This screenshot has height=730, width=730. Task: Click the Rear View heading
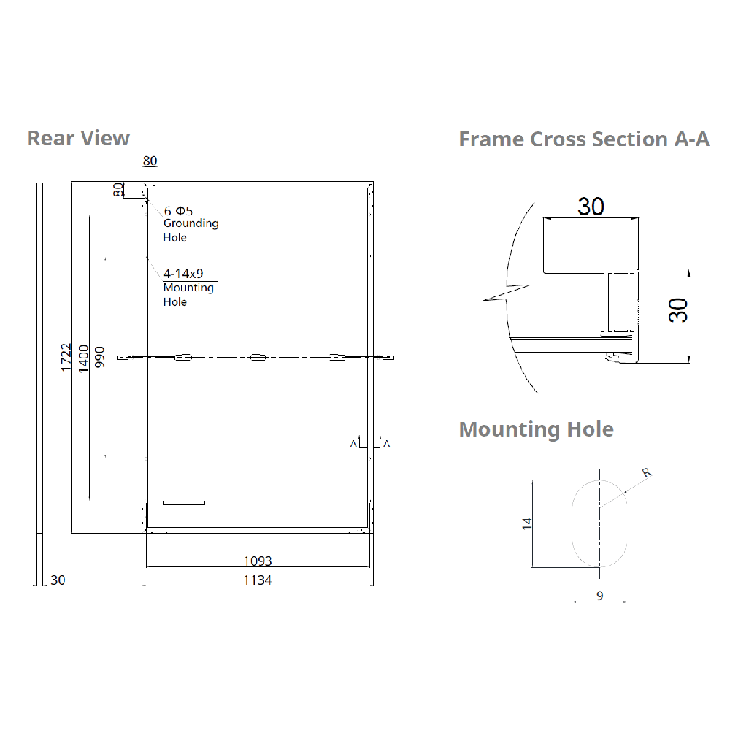coord(79,138)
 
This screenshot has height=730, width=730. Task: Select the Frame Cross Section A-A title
coord(584,139)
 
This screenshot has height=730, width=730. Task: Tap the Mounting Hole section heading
coord(536,429)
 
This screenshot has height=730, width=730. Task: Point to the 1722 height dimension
coord(66,358)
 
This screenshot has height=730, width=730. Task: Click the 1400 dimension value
coord(83,358)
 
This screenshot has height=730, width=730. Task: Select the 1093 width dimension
coord(257,561)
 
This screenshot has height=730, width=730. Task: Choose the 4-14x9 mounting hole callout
coord(183,274)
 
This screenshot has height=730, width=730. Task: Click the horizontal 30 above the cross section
coord(591,207)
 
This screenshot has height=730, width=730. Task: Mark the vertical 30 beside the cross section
coord(679,310)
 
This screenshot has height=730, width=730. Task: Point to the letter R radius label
coord(645,472)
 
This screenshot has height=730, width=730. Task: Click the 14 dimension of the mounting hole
coord(527,522)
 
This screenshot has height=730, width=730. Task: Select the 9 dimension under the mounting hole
coord(599,596)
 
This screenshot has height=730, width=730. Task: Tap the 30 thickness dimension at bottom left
coord(58,580)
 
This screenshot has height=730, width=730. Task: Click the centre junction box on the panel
coord(258,357)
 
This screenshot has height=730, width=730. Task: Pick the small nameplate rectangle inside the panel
coord(184,502)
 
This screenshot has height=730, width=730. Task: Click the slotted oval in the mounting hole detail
coord(599,523)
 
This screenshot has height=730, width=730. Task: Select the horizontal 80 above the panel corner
coord(150,161)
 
